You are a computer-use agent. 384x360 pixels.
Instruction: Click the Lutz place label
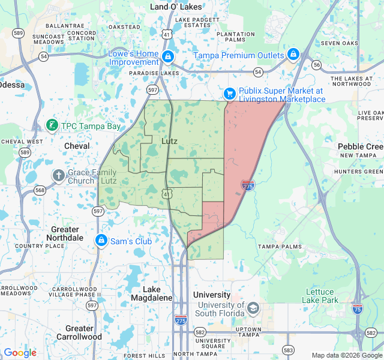(170, 141)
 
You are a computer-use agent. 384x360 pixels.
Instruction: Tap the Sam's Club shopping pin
(101, 241)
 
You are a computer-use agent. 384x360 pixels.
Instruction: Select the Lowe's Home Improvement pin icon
(167, 58)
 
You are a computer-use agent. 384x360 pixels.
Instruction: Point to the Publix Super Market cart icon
(229, 94)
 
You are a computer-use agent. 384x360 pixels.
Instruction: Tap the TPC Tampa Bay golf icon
(52, 126)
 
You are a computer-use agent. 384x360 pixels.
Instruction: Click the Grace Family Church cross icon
(58, 175)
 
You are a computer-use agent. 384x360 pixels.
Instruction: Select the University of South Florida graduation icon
(253, 308)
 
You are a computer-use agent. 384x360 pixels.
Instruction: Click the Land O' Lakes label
(176, 7)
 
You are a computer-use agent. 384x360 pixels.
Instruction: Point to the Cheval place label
(77, 146)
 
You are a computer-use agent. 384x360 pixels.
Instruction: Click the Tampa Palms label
(278, 247)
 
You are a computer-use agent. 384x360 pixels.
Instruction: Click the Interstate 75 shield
(358, 308)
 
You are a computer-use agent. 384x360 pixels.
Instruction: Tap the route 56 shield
(317, 64)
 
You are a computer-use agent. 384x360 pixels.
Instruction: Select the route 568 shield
(40, 190)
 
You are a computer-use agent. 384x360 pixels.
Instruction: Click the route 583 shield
(289, 349)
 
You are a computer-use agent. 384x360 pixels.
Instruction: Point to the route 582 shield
(199, 332)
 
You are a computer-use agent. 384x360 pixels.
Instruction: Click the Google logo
(20, 353)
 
